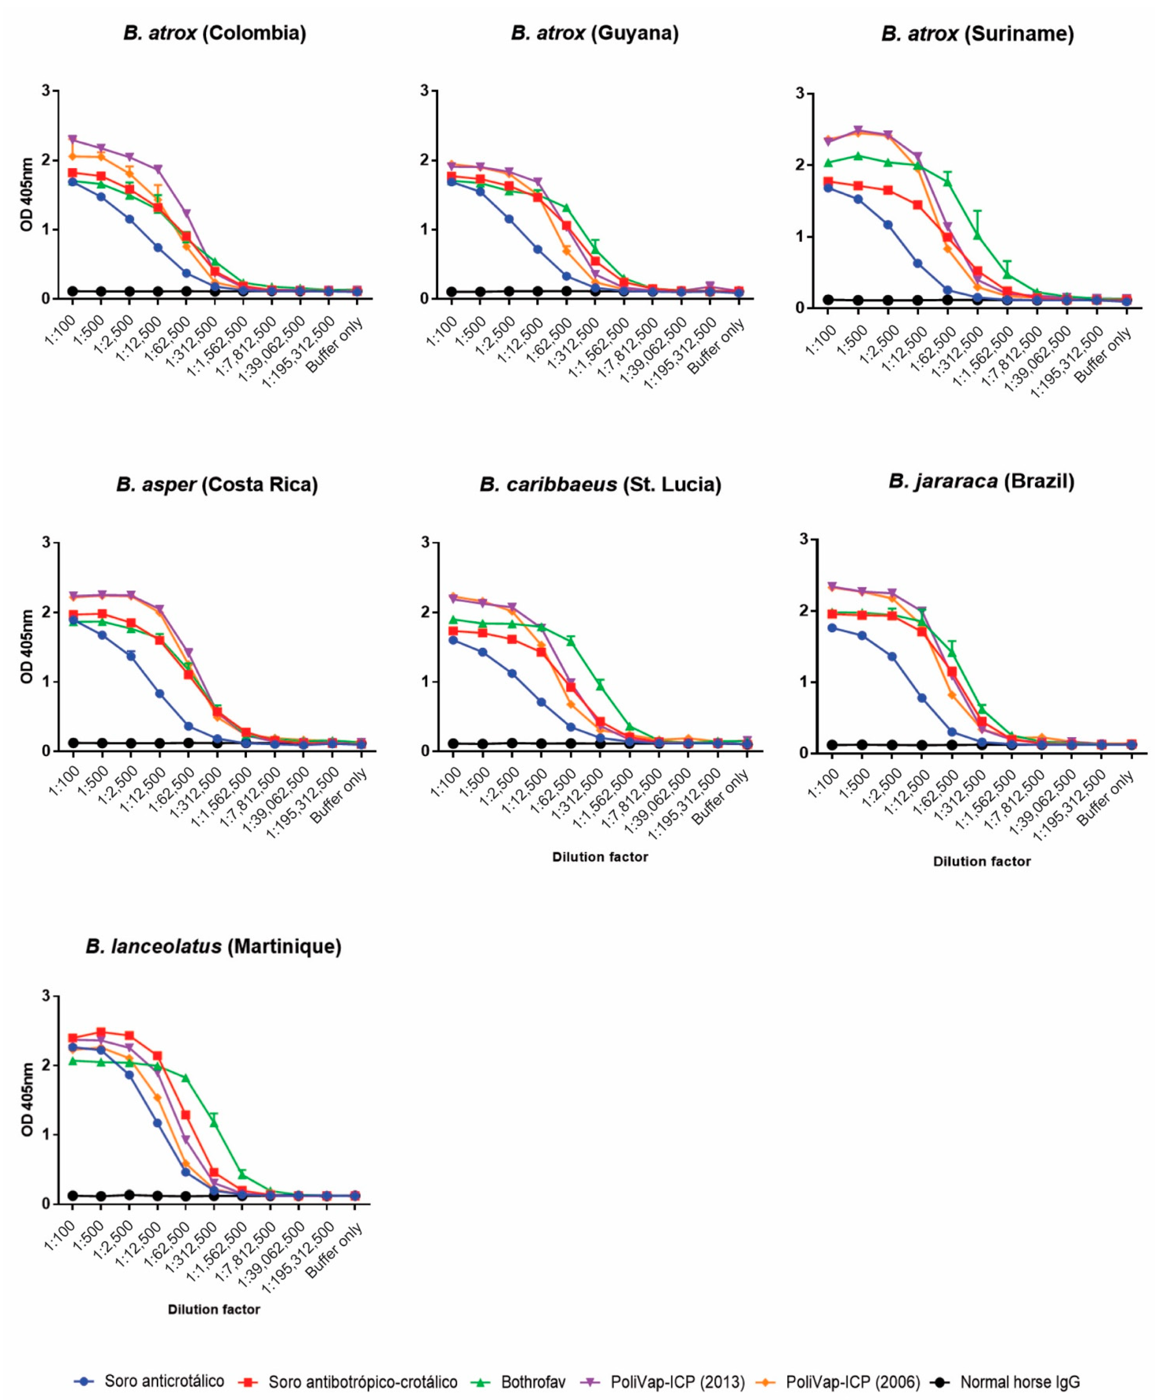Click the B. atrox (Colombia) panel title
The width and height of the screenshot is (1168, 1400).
(215, 33)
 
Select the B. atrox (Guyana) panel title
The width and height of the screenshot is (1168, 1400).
(595, 33)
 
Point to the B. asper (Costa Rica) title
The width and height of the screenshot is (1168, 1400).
(217, 485)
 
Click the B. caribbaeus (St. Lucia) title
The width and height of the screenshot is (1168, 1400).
(600, 485)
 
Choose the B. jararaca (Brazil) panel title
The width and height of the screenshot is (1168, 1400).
(981, 481)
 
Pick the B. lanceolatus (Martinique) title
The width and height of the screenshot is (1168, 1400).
(213, 947)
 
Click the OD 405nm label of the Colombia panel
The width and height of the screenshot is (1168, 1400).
(27, 195)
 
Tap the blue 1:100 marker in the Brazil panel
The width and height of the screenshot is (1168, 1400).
(832, 628)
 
